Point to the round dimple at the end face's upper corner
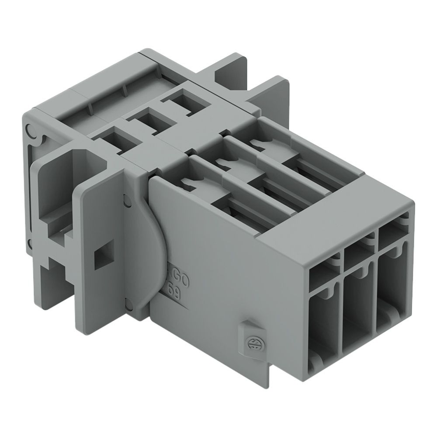click(x=29, y=130)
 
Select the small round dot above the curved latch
click(x=127, y=200)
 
